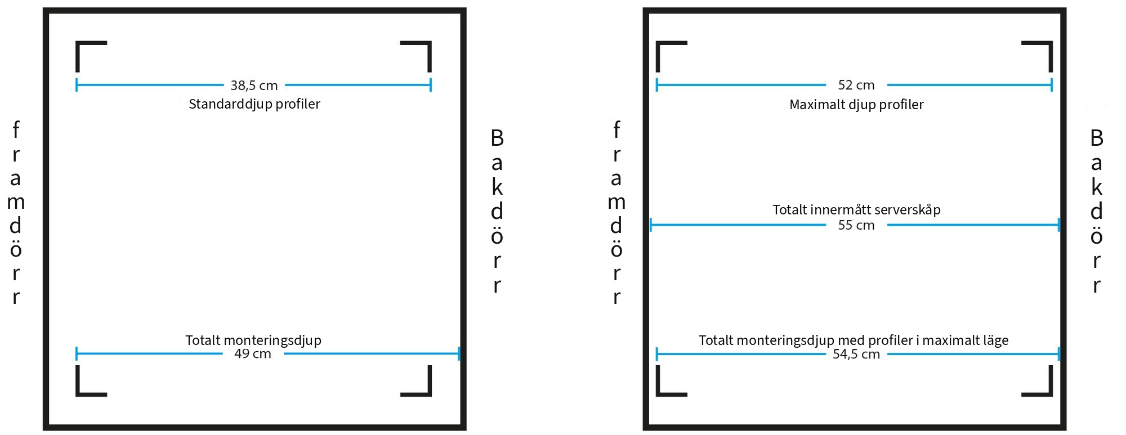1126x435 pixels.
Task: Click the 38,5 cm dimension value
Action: pyautogui.click(x=254, y=86)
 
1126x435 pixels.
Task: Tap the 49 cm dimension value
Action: pyautogui.click(x=253, y=354)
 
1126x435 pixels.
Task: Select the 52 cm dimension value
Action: pyautogui.click(x=856, y=85)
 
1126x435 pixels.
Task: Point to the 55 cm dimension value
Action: pyautogui.click(x=856, y=225)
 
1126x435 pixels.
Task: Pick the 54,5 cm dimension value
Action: pyautogui.click(x=856, y=354)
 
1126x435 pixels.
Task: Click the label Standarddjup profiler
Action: pyautogui.click(x=254, y=104)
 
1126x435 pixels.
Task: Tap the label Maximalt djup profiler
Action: pyautogui.click(x=856, y=105)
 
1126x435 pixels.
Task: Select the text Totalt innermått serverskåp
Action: pyautogui.click(x=856, y=210)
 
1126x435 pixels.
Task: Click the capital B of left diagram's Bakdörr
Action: pyautogui.click(x=497, y=138)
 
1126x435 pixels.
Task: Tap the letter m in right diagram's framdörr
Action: pyautogui.click(x=616, y=202)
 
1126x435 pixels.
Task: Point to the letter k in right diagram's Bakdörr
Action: pyautogui.click(x=1097, y=187)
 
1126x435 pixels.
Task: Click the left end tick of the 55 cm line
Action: pyautogui.click(x=651, y=225)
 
